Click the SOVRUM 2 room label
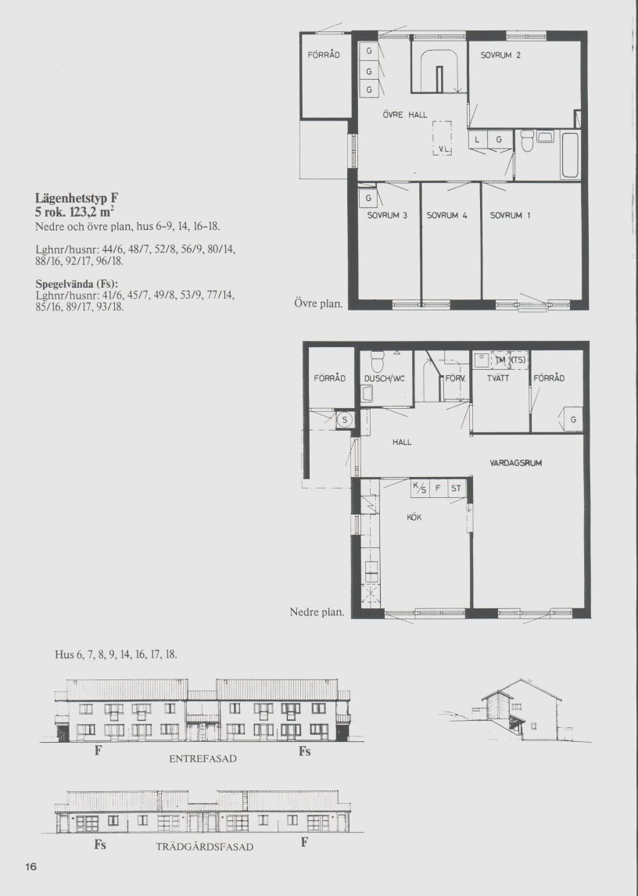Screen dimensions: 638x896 pos(500,56)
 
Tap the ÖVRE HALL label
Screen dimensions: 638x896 pos(405,115)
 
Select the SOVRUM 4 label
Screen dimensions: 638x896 pos(447,216)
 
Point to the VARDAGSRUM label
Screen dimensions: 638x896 pos(516,463)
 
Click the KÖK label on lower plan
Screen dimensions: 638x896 pos(414,517)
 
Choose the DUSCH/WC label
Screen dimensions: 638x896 pos(384,378)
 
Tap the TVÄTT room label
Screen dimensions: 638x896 pos(498,378)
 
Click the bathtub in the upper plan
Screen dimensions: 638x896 pos(570,155)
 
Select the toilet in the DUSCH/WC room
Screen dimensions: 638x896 pos(377,361)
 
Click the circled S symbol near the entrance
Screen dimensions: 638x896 pos(345,420)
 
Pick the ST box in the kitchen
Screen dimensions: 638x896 pos(456,489)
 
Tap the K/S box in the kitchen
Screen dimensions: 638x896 pos(420,489)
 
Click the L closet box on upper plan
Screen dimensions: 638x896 pos(478,139)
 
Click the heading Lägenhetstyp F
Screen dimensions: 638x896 pos(77,199)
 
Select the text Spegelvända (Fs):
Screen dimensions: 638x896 pos(77,284)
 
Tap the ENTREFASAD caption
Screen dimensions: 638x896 pos(203,759)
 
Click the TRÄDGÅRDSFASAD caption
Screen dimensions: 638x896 pos(205,847)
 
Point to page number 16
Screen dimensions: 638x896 pos(30,867)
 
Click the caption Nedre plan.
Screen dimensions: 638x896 pos(317,612)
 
